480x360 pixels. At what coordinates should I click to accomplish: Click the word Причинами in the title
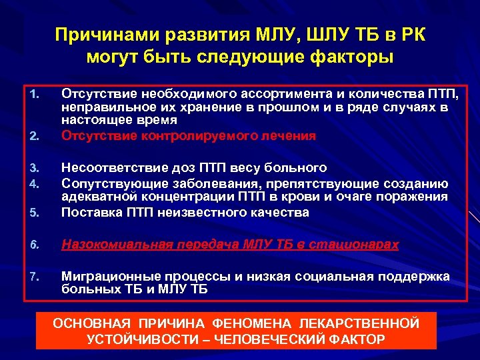pyautogui.click(x=103, y=34)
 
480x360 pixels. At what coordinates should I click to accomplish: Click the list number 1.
pyautogui.click(x=35, y=91)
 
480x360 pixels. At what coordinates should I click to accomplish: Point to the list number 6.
pyautogui.click(x=35, y=245)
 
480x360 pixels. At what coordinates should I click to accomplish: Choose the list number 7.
pyautogui.click(x=35, y=277)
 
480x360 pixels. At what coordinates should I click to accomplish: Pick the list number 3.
pyautogui.click(x=35, y=167)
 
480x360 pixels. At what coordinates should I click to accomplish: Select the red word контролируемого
pyautogui.click(x=189, y=135)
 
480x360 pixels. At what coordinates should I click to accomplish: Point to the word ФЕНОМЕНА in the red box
pyautogui.click(x=244, y=323)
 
